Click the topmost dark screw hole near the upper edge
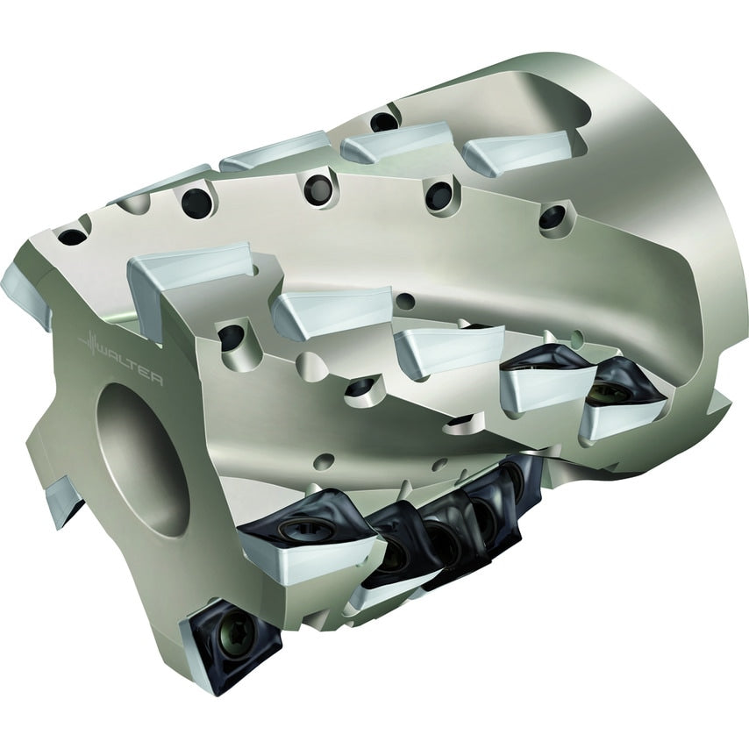(x=382, y=121)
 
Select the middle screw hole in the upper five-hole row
(x=317, y=187)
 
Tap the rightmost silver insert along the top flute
(x=513, y=153)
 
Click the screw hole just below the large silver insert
(x=230, y=336)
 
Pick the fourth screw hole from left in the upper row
(x=438, y=195)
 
